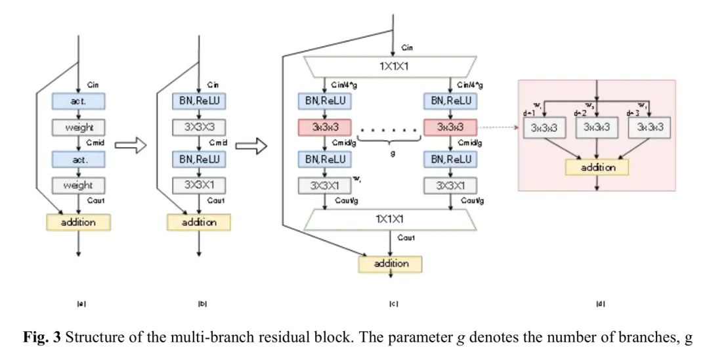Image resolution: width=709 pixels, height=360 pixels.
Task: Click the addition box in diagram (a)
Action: click(79, 222)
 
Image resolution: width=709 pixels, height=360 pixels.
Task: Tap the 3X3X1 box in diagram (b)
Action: click(200, 185)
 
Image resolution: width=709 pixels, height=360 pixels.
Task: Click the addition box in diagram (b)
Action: click(200, 222)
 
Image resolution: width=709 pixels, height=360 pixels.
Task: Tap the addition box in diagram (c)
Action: click(390, 263)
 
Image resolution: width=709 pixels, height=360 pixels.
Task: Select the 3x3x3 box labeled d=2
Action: click(596, 129)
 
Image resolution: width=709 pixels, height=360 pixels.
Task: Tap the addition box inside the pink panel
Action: click(597, 167)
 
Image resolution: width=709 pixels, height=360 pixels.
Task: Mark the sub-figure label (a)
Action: click(81, 304)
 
